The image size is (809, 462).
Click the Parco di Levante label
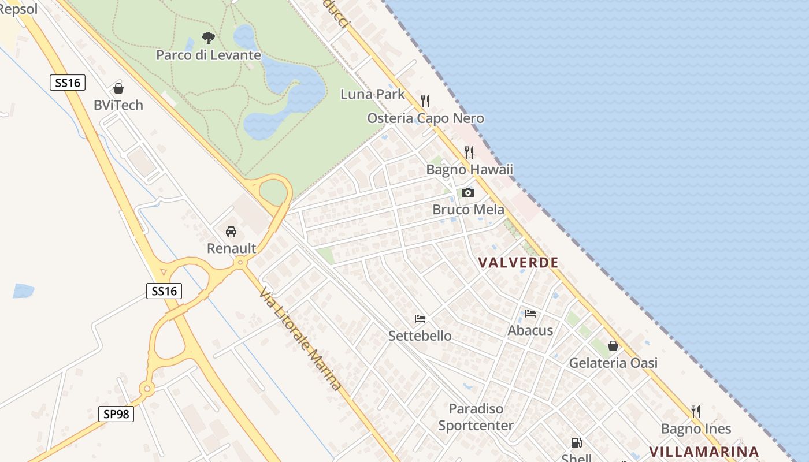(209, 55)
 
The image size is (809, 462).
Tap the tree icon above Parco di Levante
(209, 38)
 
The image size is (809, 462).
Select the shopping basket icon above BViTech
(118, 88)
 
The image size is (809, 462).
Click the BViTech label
(118, 105)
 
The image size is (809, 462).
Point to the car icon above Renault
(231, 232)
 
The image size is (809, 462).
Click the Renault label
(231, 248)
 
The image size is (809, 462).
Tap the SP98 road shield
(116, 413)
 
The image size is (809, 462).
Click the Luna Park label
(373, 94)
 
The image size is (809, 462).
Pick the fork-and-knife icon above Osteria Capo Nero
(425, 101)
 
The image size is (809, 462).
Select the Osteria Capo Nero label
(425, 118)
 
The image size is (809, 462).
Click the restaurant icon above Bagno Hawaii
(469, 152)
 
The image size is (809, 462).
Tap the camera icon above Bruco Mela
(468, 192)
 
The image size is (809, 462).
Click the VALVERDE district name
(518, 263)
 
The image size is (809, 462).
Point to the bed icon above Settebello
(420, 319)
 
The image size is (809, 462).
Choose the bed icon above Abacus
(530, 314)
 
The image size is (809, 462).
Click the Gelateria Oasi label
(613, 363)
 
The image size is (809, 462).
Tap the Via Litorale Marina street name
(300, 338)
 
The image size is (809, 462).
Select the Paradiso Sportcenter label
(476, 417)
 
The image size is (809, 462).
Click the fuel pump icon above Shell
(576, 443)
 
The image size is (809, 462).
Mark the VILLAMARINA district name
(704, 452)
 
